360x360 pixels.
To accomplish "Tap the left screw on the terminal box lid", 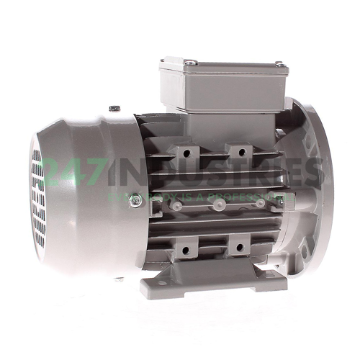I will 189,63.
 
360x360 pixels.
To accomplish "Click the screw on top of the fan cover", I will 114,109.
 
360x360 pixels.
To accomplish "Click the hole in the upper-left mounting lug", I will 186,153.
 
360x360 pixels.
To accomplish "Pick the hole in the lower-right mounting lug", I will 235,249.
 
